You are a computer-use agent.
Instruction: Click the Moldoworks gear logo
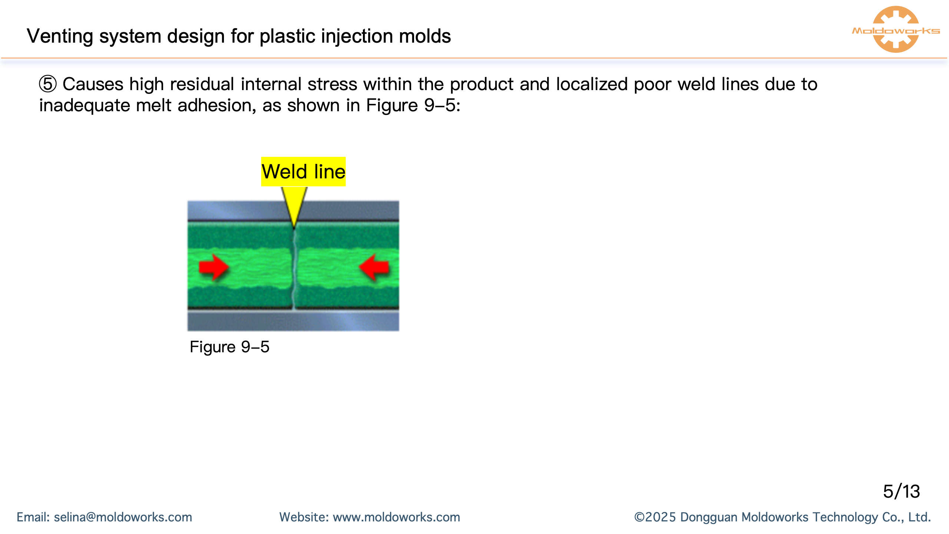coord(896,30)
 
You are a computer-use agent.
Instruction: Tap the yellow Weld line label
coord(303,172)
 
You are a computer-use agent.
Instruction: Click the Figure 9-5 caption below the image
coord(229,347)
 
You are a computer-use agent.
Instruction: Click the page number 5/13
coord(901,492)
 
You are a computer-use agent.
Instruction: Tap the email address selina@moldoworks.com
coord(123,517)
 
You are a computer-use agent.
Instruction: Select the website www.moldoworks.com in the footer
coord(396,517)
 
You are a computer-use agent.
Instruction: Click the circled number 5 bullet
coord(48,84)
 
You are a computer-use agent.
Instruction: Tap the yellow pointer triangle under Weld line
coord(294,204)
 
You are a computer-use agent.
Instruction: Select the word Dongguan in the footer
coord(709,517)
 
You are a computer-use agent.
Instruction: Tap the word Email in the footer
coord(33,517)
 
